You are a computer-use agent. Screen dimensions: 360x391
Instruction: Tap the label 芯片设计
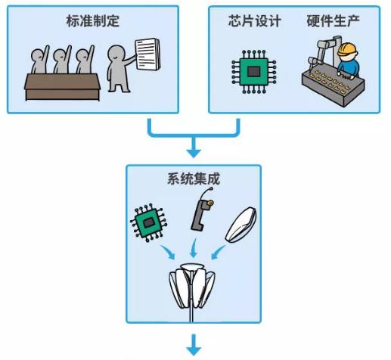[254, 20]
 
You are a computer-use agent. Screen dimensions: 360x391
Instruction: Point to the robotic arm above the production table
[318, 53]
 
